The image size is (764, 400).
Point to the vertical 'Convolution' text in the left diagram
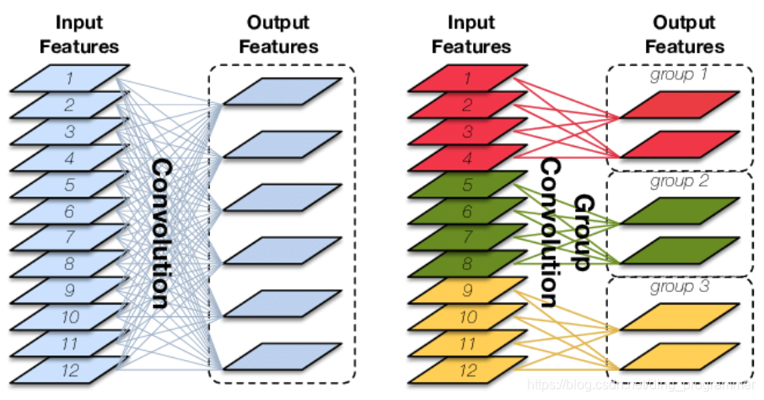tap(162, 234)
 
